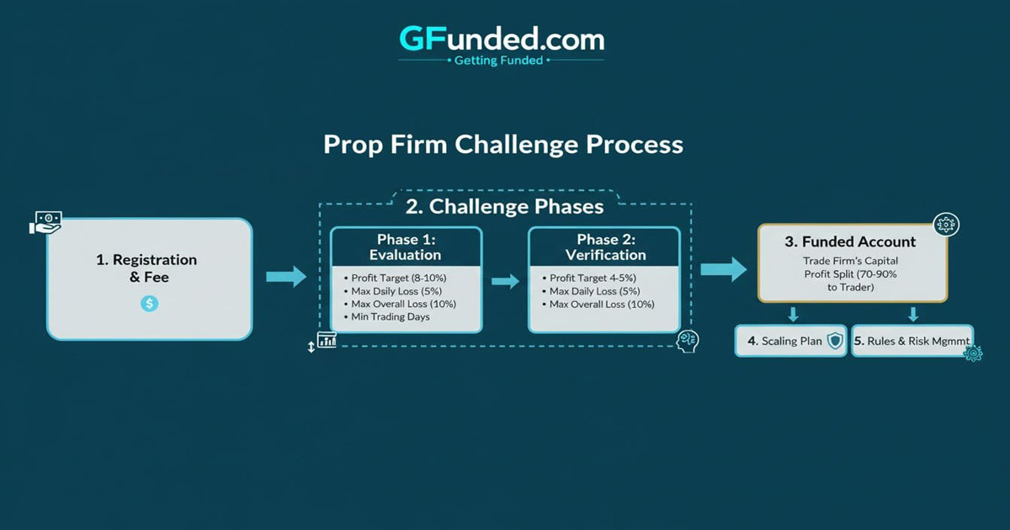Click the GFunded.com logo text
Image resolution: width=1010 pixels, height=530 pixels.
pos(502,38)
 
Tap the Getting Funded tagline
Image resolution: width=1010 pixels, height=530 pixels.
pos(498,61)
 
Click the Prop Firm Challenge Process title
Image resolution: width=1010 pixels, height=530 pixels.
pos(503,144)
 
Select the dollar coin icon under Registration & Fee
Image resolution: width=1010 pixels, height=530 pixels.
pos(149,303)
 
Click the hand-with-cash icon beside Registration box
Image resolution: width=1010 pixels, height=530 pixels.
pos(45,223)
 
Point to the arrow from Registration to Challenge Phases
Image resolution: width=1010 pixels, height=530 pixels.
pos(286,277)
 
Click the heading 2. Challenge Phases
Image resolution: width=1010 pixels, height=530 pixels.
pos(505,206)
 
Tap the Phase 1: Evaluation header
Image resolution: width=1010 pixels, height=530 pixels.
pos(405,247)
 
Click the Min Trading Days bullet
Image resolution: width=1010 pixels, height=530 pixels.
pos(391,316)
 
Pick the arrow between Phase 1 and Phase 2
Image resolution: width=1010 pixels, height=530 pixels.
pos(505,281)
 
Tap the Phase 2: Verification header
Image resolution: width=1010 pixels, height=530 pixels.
pos(605,247)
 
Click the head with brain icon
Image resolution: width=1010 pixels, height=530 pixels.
pos(688,341)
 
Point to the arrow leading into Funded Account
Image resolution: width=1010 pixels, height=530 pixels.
pos(723,269)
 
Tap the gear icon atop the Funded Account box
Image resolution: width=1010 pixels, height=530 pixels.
pos(947,225)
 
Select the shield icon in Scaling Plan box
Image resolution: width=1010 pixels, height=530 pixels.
pos(835,341)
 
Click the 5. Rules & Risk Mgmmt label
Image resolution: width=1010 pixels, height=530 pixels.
pos(912,341)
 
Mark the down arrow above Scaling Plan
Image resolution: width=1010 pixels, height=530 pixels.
pos(792,314)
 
